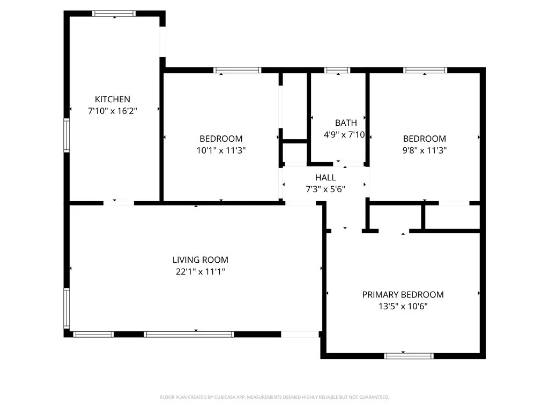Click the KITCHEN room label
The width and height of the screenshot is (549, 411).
tap(113, 99)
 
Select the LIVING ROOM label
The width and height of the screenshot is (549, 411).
tap(200, 260)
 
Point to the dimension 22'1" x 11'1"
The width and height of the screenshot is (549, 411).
tap(200, 271)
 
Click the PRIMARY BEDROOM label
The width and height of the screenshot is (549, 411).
tap(403, 294)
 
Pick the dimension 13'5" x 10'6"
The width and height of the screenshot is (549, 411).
tap(403, 306)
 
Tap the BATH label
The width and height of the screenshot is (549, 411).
tap(346, 123)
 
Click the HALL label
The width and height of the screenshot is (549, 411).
tap(325, 177)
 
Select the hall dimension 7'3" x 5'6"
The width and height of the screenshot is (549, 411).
tap(325, 189)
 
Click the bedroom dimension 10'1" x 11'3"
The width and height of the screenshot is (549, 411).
tap(221, 150)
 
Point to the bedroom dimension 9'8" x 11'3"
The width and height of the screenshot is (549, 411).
tap(425, 150)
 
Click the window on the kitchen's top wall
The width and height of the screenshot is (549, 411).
tap(114, 13)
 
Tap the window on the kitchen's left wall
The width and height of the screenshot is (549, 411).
tap(67, 135)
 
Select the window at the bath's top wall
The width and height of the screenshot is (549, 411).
tap(337, 70)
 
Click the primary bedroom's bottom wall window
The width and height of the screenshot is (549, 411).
tap(409, 355)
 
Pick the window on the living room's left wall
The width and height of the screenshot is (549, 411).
tap(67, 308)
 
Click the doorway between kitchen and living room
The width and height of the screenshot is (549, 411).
tap(118, 203)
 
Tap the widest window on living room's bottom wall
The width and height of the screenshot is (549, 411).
tap(189, 334)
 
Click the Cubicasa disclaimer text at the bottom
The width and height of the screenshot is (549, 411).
tap(274, 397)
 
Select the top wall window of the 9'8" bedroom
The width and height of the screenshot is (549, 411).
tap(425, 70)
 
